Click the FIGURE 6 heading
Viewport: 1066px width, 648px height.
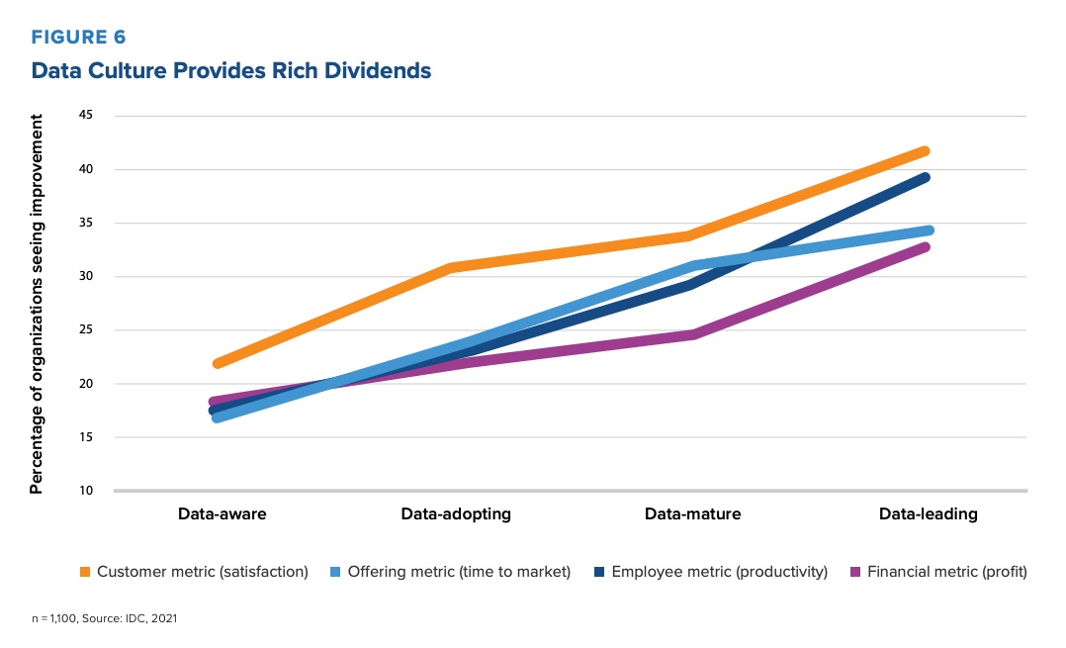pos(79,38)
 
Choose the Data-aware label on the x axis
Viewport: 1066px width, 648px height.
pos(222,514)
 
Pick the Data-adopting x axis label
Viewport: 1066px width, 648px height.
pos(456,514)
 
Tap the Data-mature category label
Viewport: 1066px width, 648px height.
pos(692,514)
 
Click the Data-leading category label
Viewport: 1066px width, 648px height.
pos(928,514)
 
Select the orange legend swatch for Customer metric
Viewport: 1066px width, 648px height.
pos(86,572)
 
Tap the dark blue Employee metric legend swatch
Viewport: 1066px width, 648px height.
pos(600,572)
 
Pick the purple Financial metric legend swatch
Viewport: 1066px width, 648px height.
pos(855,572)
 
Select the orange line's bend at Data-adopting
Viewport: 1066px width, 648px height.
pos(453,268)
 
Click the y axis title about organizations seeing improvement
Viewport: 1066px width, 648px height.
pos(38,304)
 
